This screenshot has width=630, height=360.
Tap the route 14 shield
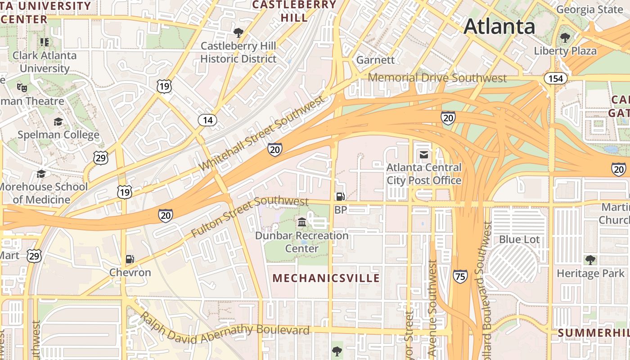pos(207,120)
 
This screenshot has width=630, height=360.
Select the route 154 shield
pos(556,79)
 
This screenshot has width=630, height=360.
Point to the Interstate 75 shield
pos(460,276)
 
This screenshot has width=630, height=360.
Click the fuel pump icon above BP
pos(340,197)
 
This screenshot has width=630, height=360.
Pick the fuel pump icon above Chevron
pos(130,259)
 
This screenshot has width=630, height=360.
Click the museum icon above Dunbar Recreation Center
pos(302,222)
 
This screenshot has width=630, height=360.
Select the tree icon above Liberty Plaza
pos(565,38)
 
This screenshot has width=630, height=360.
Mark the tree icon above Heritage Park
pos(589,260)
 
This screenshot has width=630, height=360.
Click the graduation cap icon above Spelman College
pos(58,122)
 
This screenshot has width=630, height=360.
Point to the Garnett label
pos(375,60)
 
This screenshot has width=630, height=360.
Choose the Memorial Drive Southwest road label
pos(437,78)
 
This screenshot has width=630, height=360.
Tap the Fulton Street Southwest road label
pos(250,216)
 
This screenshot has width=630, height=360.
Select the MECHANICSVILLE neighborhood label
pos(326,278)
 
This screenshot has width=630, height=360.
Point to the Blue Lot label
pos(519,239)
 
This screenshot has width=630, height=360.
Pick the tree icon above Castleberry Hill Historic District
pos(238,32)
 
